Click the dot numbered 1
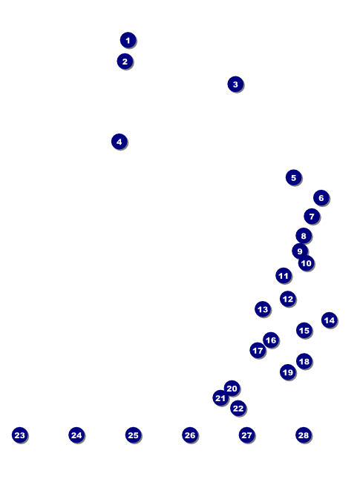(x=128, y=40)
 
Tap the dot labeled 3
(x=235, y=84)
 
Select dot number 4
(x=120, y=142)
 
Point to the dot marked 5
(x=293, y=177)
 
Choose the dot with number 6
(x=321, y=198)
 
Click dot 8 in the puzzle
(x=304, y=236)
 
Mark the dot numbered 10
(x=306, y=263)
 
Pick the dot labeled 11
(x=284, y=276)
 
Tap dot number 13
(x=263, y=309)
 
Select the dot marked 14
(x=330, y=320)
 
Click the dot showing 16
(x=271, y=340)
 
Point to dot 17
(x=258, y=351)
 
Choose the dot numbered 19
(x=288, y=372)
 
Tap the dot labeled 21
(x=220, y=398)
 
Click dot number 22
(x=238, y=409)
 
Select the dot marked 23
(x=20, y=435)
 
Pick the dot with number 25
(x=133, y=435)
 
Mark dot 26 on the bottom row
(x=190, y=435)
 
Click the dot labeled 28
(x=304, y=435)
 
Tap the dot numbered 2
(x=125, y=62)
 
